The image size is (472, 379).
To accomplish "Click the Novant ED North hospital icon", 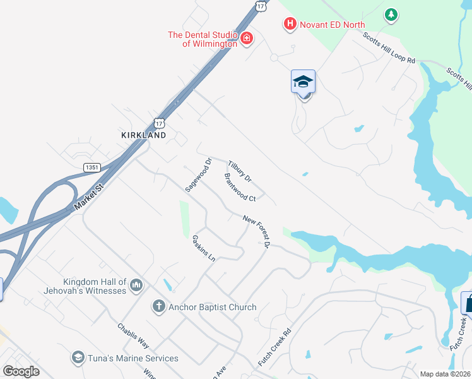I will [290, 24].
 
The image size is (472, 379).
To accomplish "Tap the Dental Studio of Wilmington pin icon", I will [246, 40].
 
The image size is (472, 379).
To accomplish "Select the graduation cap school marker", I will [303, 82].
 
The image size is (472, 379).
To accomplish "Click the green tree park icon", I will [391, 14].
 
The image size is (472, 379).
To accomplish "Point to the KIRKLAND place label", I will [144, 135].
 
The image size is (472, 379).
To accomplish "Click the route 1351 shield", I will [92, 167].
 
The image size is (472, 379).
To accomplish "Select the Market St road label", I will [88, 198].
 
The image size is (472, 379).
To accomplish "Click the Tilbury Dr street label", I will [240, 171].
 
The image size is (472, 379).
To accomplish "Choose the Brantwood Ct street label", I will [239, 187].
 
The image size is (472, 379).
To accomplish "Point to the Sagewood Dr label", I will [197, 174].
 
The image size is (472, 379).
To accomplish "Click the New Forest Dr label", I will [257, 231].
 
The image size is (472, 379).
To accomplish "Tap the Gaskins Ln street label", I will [204, 250].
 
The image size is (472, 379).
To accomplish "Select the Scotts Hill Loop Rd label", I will [389, 47].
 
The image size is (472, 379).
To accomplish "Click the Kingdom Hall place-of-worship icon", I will [136, 287].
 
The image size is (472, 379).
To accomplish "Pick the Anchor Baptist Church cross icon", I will [159, 307].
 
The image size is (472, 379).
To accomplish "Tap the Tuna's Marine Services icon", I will [78, 358].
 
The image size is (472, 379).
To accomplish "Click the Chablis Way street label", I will [133, 335].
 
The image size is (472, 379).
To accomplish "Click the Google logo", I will [21, 371].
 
